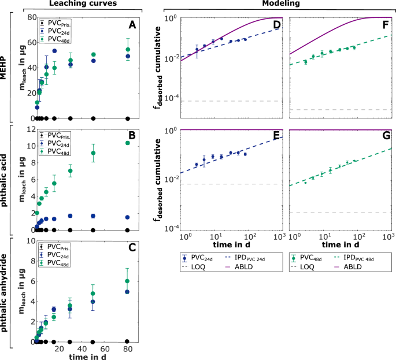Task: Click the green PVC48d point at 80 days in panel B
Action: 128,143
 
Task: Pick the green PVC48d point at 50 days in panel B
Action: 93,153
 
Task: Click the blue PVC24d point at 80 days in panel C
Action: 128,292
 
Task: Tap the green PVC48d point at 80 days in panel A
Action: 128,50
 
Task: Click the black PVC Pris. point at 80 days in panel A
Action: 128,118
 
